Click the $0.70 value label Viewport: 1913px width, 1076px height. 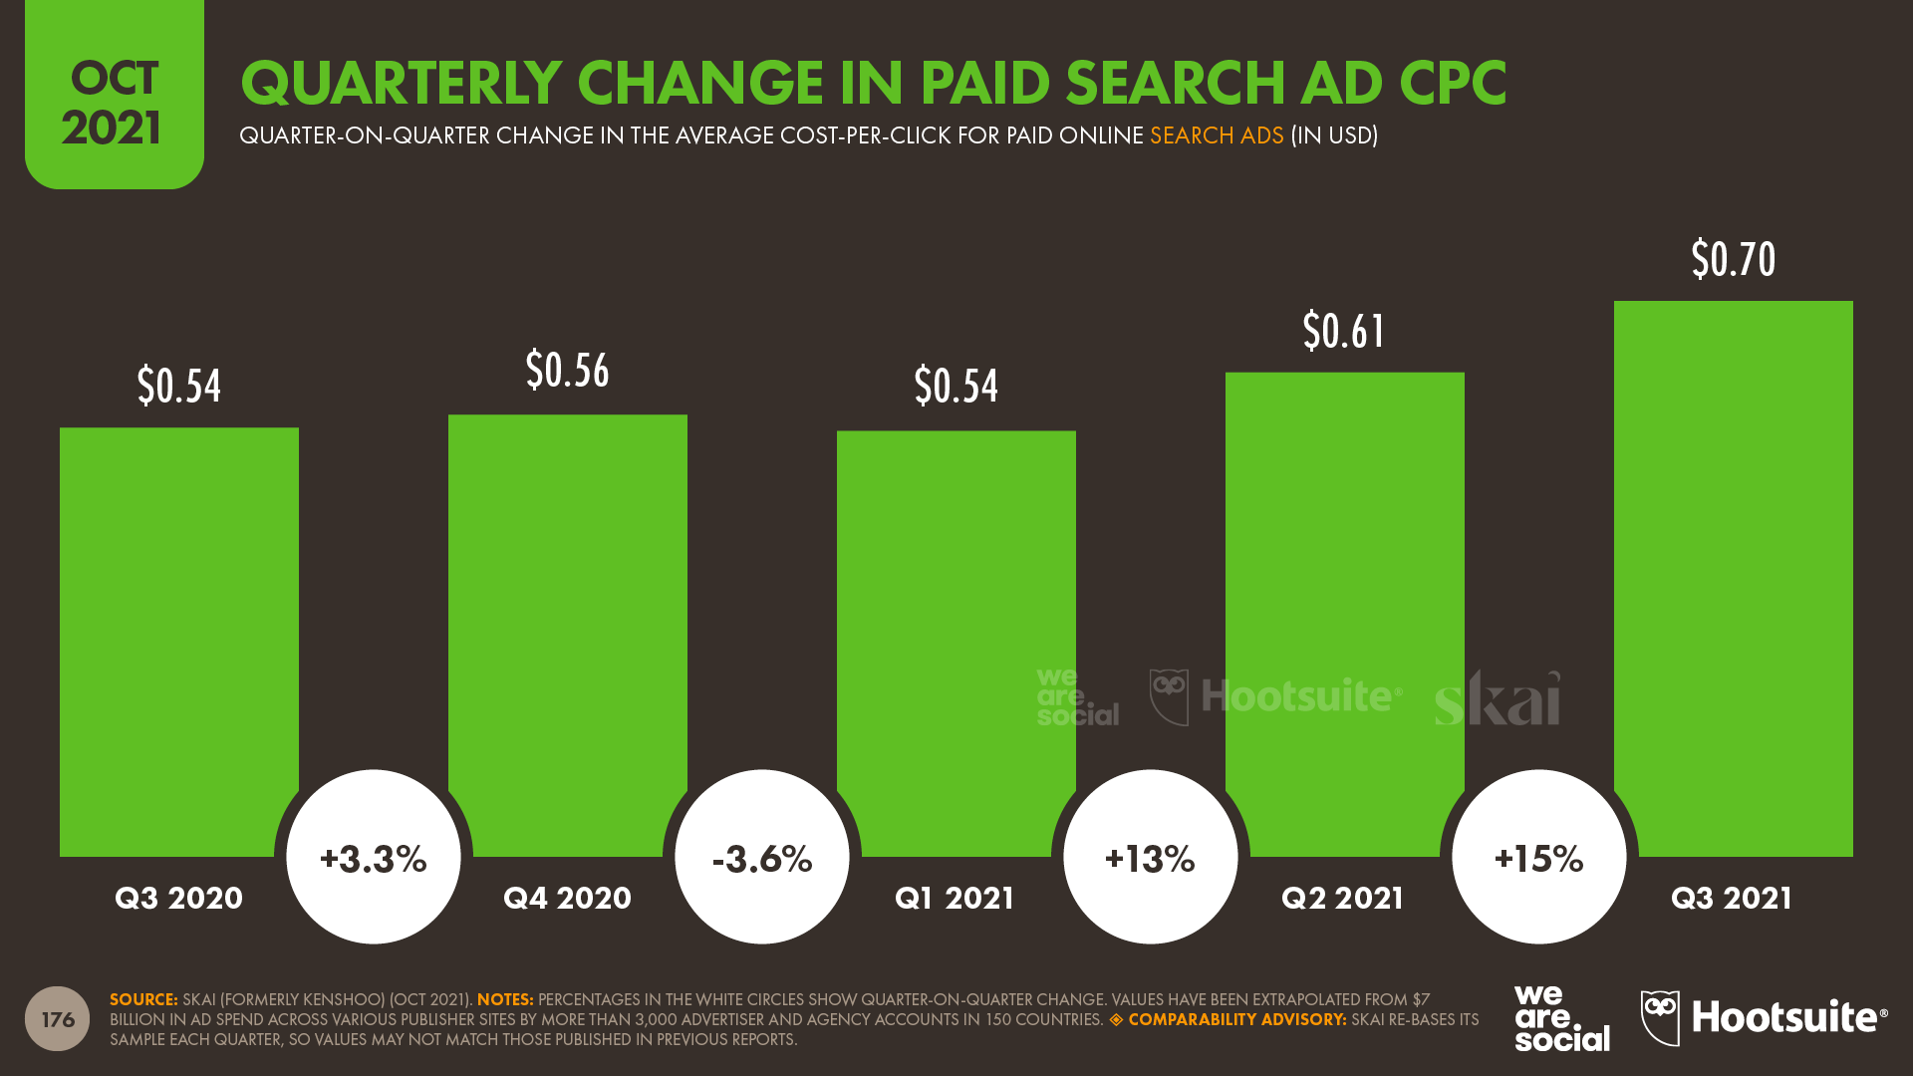(x=1733, y=260)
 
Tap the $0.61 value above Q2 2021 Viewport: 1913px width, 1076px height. (x=1344, y=332)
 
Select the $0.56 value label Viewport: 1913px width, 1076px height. (x=567, y=371)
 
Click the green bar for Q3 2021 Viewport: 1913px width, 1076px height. (x=1733, y=578)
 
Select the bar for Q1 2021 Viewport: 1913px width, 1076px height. (x=956, y=598)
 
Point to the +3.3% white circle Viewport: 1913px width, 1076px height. (x=374, y=857)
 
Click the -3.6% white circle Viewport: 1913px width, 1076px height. (x=762, y=857)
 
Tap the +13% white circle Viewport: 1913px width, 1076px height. (x=1151, y=857)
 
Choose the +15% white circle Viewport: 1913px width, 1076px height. (x=1539, y=857)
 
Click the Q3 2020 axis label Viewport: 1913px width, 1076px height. (x=179, y=898)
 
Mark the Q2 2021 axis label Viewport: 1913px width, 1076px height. (x=1343, y=898)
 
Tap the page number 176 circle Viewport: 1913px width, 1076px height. (x=57, y=1018)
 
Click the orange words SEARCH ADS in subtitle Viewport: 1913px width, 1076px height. (x=1217, y=135)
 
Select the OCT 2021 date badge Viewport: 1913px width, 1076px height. (x=115, y=100)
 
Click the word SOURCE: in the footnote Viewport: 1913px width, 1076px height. (x=143, y=999)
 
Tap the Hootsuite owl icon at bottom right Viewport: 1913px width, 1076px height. (x=1660, y=1017)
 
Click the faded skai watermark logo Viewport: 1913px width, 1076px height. (x=1498, y=698)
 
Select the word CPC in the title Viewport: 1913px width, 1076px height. (x=1453, y=83)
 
